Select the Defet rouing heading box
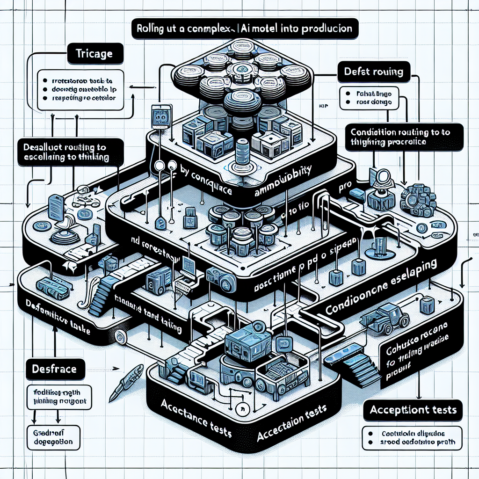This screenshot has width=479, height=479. coord(372,73)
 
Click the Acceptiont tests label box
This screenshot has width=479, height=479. coord(413,410)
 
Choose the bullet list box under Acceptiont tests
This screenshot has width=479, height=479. coord(412,437)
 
